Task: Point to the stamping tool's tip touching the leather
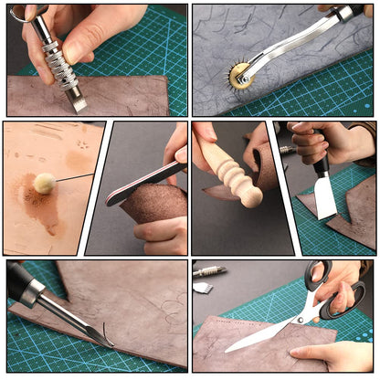79,103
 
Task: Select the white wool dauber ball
44,183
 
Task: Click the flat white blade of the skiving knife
326,196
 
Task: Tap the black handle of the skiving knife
322,165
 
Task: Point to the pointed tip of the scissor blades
228,350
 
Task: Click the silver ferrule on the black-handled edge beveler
32,293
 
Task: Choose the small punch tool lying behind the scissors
209,271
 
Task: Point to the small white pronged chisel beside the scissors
204,288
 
